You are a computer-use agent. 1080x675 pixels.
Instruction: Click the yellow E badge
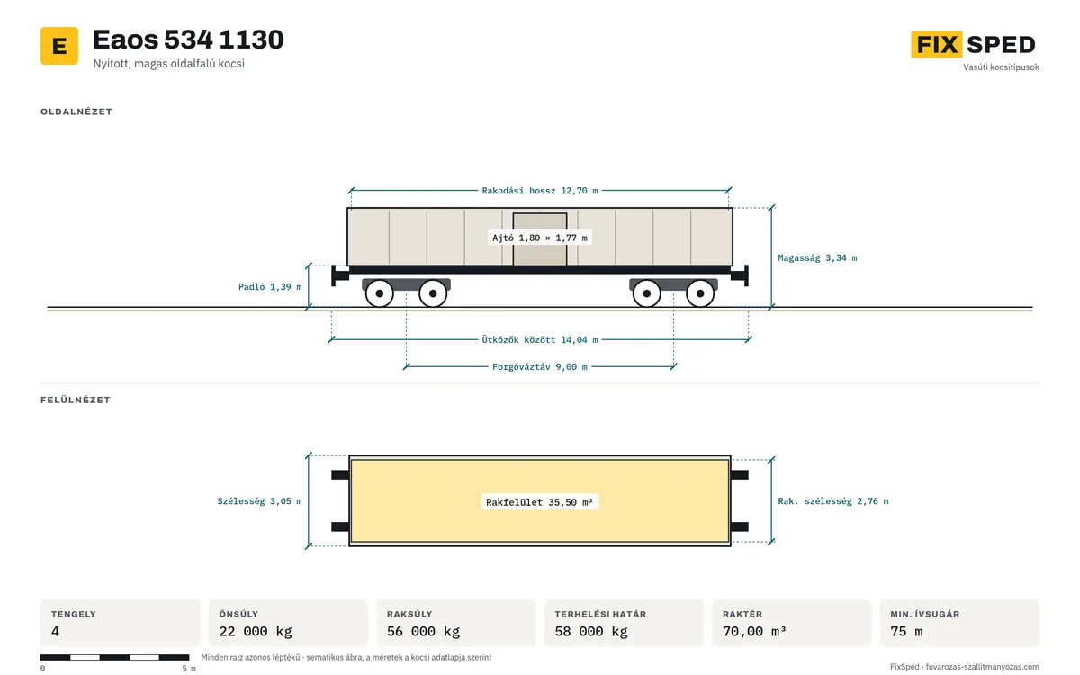tap(59, 46)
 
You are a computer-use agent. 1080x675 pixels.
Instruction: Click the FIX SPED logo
tap(973, 44)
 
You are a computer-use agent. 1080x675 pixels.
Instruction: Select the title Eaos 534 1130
tap(188, 40)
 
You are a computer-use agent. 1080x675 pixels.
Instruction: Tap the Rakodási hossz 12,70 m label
tap(539, 191)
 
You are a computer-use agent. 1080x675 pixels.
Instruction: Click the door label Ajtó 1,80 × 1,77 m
tap(539, 238)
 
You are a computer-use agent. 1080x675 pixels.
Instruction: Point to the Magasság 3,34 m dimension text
tap(817, 258)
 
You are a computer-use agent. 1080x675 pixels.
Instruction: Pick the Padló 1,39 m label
tap(270, 287)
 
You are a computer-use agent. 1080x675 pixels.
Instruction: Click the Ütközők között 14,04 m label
tap(539, 340)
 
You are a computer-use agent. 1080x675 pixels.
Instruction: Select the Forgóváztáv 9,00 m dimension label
tap(539, 367)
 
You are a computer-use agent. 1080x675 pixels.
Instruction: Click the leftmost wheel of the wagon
tap(380, 293)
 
